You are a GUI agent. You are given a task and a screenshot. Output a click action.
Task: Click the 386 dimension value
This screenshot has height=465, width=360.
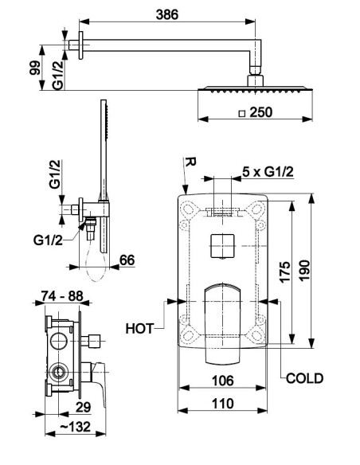167,14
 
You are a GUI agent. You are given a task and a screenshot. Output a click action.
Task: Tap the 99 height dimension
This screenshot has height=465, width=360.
35,68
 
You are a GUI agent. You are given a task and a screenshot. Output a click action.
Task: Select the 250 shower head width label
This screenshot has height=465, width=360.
261,112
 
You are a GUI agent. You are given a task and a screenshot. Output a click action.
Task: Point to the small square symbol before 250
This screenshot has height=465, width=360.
242,113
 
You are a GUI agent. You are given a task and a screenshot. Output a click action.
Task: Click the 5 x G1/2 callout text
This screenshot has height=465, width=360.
268,172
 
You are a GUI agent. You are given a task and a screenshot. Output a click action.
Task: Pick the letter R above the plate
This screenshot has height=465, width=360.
190,162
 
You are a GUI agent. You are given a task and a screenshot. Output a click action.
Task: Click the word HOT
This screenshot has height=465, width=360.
139,329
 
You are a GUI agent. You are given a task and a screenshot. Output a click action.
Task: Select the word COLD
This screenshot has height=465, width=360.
304,378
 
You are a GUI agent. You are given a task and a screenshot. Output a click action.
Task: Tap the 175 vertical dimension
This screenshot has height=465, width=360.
284,272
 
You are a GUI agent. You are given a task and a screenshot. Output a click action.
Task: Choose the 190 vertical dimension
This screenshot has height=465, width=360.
304,270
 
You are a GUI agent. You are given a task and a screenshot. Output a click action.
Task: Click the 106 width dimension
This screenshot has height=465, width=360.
223,381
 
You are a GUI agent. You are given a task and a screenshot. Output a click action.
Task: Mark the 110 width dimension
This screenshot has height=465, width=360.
223,404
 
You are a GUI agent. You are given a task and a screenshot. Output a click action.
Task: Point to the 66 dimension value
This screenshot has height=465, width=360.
127,260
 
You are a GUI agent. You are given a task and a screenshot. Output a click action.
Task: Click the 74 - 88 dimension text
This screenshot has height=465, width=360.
62,295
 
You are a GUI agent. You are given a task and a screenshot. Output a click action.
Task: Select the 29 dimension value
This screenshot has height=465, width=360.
84,407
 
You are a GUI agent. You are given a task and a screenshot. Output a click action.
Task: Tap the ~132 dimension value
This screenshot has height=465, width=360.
76,427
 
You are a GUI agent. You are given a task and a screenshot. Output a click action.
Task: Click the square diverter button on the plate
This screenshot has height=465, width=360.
222,246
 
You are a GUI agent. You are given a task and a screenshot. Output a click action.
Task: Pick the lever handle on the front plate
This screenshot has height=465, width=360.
222,323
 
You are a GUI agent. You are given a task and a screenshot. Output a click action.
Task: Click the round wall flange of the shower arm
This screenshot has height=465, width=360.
80,45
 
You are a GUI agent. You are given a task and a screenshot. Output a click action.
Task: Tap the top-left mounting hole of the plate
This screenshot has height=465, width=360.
187,209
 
